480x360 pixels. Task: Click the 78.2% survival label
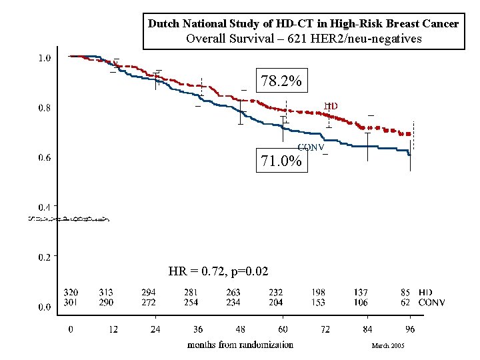[281, 81]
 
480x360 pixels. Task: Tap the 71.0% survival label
[281, 161]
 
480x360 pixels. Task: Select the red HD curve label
[331, 106]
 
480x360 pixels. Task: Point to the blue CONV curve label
[311, 147]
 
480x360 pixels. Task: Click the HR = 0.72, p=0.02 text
[219, 271]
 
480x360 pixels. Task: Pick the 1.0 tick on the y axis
[43, 58]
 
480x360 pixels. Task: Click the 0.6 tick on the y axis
[43, 158]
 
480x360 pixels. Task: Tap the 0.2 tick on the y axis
[43, 257]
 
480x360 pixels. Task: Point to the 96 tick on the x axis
[410, 329]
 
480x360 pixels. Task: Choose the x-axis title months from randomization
[240, 345]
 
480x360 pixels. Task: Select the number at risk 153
[318, 303]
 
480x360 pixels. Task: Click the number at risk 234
[233, 303]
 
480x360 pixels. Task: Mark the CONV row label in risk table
[431, 303]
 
